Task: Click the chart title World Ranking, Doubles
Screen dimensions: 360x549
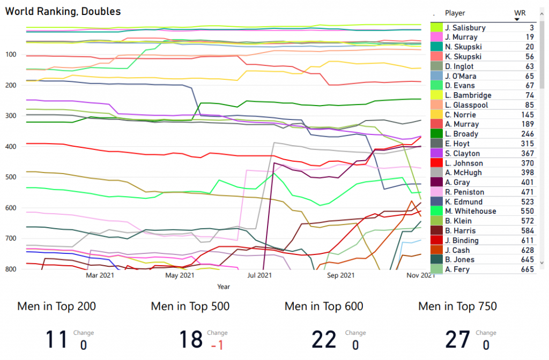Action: [x=63, y=11]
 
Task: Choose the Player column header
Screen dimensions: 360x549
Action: [x=455, y=13]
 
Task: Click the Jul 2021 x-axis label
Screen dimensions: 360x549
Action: [x=259, y=276]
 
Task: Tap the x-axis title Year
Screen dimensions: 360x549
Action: [x=224, y=287]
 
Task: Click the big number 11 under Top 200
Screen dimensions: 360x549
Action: [x=57, y=340]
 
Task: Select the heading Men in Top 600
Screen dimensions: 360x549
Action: [x=324, y=306]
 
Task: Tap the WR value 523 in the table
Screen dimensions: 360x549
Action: [x=527, y=202]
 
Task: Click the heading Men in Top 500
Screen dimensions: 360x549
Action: [x=190, y=306]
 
